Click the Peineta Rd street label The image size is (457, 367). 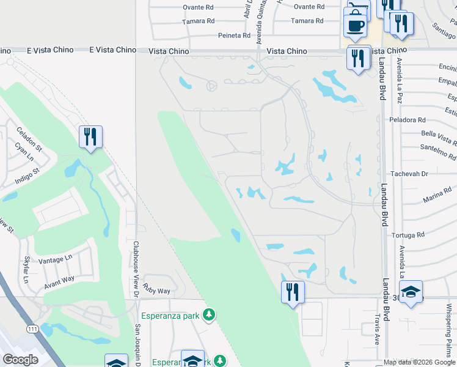(x=235, y=35)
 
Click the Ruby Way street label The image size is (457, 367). (x=156, y=288)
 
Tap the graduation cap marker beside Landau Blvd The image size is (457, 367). (x=411, y=291)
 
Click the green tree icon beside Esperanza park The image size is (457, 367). (x=209, y=315)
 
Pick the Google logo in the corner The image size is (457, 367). (x=21, y=360)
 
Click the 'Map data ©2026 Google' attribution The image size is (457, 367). (x=420, y=362)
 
